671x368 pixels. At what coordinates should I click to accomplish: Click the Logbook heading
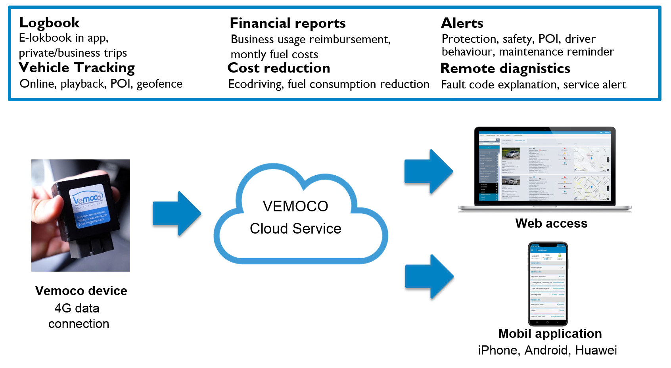(x=49, y=23)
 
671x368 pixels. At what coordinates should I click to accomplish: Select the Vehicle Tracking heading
(x=77, y=68)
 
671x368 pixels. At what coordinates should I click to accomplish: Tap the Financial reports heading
(x=288, y=23)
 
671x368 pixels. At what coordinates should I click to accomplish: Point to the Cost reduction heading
(x=279, y=68)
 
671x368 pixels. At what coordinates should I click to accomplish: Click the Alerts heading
(x=462, y=23)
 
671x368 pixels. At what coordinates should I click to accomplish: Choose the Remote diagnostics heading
(x=505, y=69)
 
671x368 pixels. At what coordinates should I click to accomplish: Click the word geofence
(x=159, y=84)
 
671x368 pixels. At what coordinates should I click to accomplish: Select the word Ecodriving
(x=256, y=84)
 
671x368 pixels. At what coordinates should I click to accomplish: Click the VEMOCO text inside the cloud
(x=295, y=207)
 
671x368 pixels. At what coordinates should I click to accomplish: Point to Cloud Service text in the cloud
(x=295, y=229)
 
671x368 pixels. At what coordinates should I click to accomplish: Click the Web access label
(x=551, y=223)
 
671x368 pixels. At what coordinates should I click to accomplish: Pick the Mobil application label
(x=550, y=333)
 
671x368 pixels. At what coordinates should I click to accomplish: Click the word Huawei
(x=596, y=351)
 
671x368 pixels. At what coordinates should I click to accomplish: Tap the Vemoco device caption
(x=81, y=291)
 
